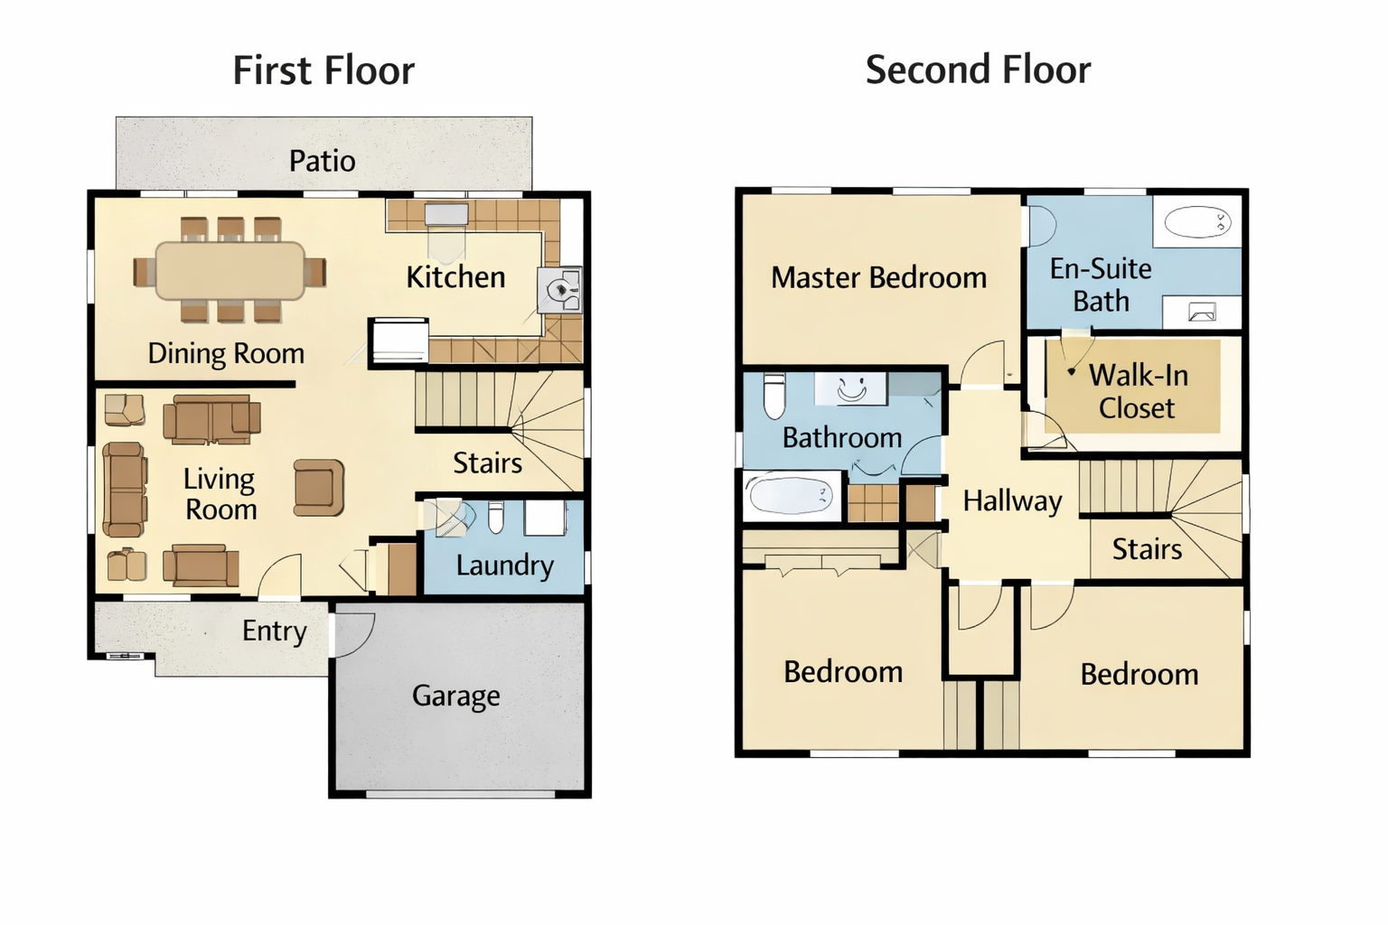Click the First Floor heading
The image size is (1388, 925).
click(324, 70)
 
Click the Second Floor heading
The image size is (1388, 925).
click(978, 70)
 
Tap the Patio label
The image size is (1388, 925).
click(323, 161)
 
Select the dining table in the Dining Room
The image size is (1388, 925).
click(230, 271)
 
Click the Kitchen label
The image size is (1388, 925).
click(455, 277)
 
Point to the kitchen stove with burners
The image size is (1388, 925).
click(559, 289)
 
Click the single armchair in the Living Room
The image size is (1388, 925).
click(318, 488)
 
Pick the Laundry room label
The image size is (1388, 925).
click(505, 566)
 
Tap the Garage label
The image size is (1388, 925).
click(456, 696)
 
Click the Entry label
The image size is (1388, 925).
click(275, 632)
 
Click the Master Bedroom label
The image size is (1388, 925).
click(878, 277)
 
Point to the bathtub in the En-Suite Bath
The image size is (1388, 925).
click(1197, 222)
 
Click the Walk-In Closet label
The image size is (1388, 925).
click(1139, 391)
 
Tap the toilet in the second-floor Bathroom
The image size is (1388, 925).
click(774, 396)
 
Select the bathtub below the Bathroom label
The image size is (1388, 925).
click(791, 494)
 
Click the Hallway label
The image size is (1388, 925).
click(1012, 500)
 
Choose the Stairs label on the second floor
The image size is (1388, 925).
click(1147, 549)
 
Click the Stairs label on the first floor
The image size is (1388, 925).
click(488, 463)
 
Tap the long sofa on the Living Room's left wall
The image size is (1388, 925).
click(126, 490)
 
